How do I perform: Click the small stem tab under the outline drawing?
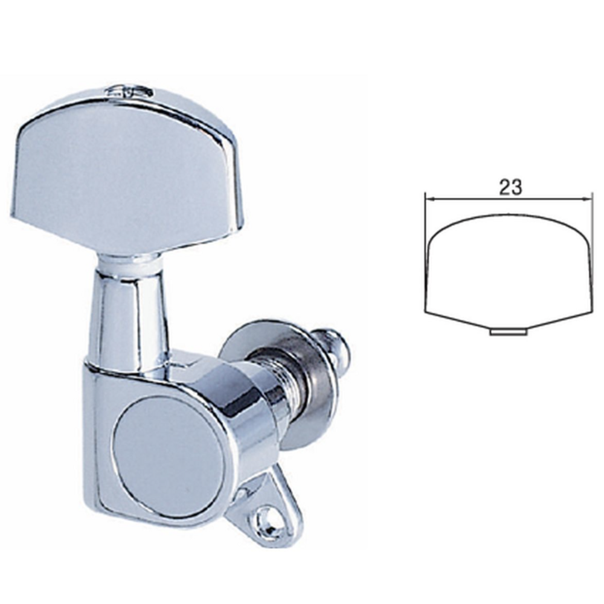tap(508, 331)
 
